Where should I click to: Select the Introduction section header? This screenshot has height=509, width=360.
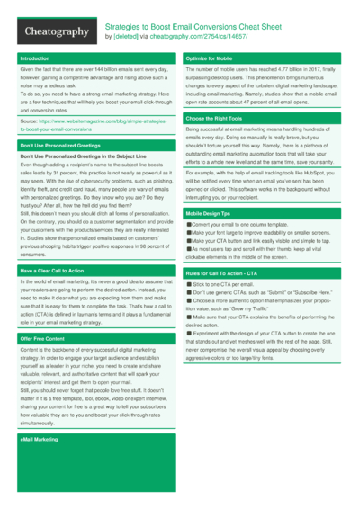tap(35, 58)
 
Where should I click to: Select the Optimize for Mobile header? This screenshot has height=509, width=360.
tap(210, 58)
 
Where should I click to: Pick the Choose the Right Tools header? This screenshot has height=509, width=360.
tap(214, 119)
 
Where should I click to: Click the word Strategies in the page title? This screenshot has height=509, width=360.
tap(123, 27)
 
